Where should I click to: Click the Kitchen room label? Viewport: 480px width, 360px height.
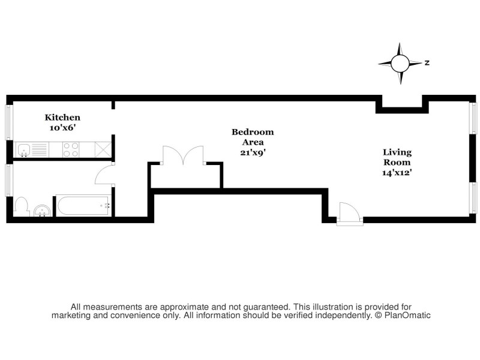[62, 118]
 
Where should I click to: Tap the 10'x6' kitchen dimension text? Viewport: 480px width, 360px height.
[62, 128]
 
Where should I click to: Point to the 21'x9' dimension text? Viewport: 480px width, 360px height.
[253, 152]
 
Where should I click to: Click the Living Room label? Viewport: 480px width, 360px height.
[397, 157]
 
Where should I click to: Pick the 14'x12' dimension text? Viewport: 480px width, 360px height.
[397, 173]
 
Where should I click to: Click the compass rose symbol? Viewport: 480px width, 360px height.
[400, 62]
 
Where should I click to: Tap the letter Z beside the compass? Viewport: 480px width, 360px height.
[427, 62]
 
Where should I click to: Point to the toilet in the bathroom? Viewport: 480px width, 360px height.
[21, 207]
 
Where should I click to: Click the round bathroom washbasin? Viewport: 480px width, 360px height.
[42, 211]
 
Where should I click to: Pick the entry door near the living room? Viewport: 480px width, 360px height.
[349, 212]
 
